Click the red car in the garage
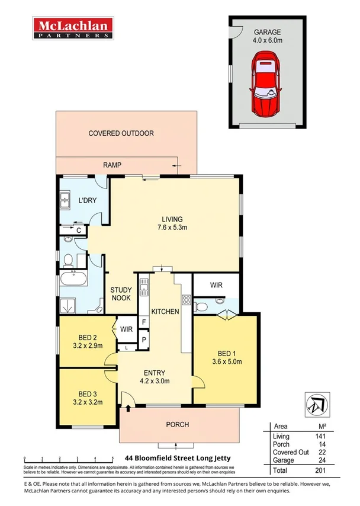266,84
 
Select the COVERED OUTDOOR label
121,133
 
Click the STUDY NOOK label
121,294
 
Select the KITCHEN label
165,311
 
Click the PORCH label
177,424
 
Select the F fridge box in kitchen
143,322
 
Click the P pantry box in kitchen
143,340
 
